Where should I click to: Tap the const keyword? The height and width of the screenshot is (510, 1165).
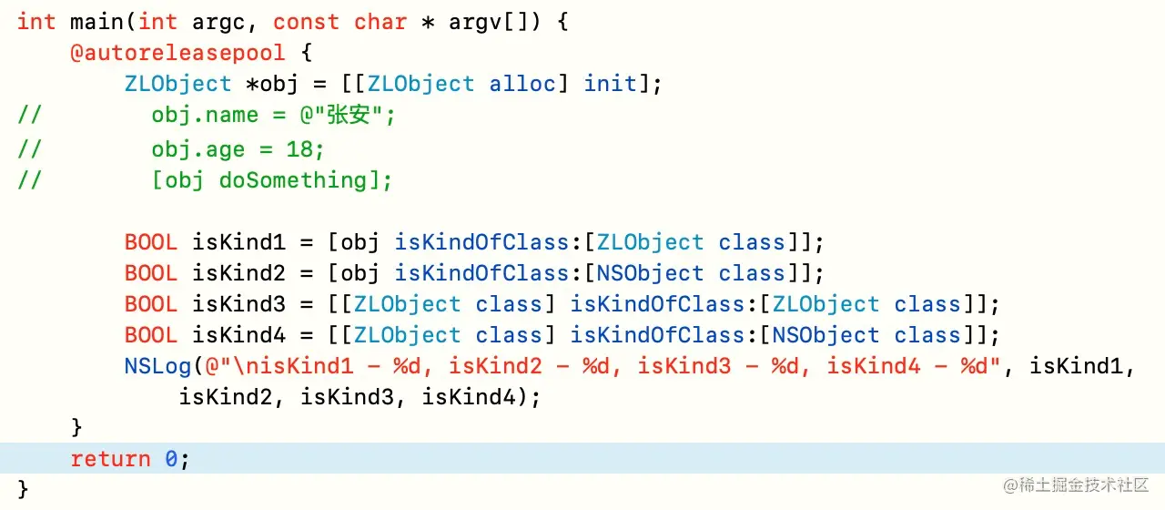pyautogui.click(x=306, y=21)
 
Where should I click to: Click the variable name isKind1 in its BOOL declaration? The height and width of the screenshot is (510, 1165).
pyautogui.click(x=238, y=242)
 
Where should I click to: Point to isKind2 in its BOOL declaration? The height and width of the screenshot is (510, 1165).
pyautogui.click(x=238, y=273)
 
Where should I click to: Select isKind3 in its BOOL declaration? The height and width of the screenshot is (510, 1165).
pyautogui.click(x=238, y=304)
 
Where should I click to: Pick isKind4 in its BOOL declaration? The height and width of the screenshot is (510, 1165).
pyautogui.click(x=238, y=335)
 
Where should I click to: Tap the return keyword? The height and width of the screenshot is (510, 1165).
pyautogui.click(x=111, y=459)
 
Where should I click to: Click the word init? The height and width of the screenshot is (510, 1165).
pyautogui.click(x=611, y=84)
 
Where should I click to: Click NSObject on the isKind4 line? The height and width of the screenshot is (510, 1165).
pyautogui.click(x=826, y=335)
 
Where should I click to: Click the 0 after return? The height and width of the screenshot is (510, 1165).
pyautogui.click(x=171, y=459)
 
